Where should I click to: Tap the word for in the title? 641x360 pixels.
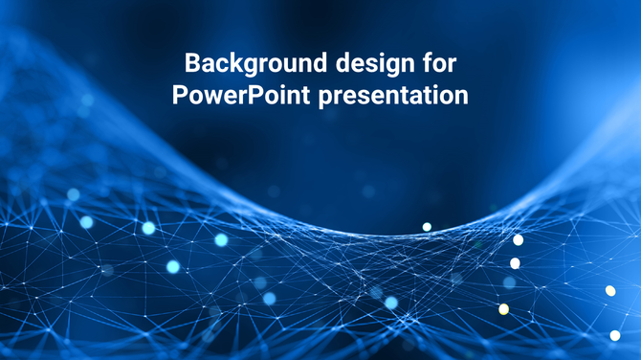pos(439,65)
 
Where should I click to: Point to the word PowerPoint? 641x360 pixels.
pos(241,97)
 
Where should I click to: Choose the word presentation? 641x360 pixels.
pos(392,97)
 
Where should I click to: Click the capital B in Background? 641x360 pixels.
pos(191,65)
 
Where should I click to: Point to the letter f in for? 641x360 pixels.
pos(426,65)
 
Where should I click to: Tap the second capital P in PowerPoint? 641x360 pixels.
pos(255,97)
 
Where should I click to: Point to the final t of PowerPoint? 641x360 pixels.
pos(305,97)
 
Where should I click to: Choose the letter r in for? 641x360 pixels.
pos(453,65)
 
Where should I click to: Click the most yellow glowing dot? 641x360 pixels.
pos(504,309)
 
